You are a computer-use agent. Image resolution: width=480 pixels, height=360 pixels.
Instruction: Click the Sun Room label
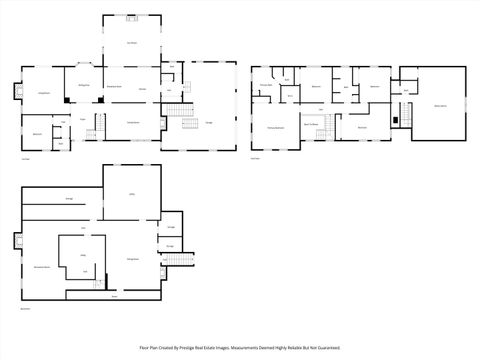pos(131,43)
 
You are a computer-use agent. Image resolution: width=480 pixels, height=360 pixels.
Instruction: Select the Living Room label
pos(44,92)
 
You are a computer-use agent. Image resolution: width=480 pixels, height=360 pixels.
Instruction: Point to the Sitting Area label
pos(85,87)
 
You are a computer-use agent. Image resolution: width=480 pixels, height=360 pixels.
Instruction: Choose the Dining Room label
pos(131,122)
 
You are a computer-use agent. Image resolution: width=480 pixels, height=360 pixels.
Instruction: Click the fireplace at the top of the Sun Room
pos(131,17)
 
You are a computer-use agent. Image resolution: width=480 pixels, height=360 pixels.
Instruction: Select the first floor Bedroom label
pos(37,133)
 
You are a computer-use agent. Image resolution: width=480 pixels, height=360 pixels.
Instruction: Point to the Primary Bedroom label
pos(275,128)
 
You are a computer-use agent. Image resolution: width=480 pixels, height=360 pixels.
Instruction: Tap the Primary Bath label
pos(266,87)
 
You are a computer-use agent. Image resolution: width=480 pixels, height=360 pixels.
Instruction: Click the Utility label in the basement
pos(131,193)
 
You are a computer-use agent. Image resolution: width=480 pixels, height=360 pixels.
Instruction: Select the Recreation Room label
pos(42,267)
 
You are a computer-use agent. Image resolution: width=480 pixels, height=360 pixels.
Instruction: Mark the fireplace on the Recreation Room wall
pos(16,239)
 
